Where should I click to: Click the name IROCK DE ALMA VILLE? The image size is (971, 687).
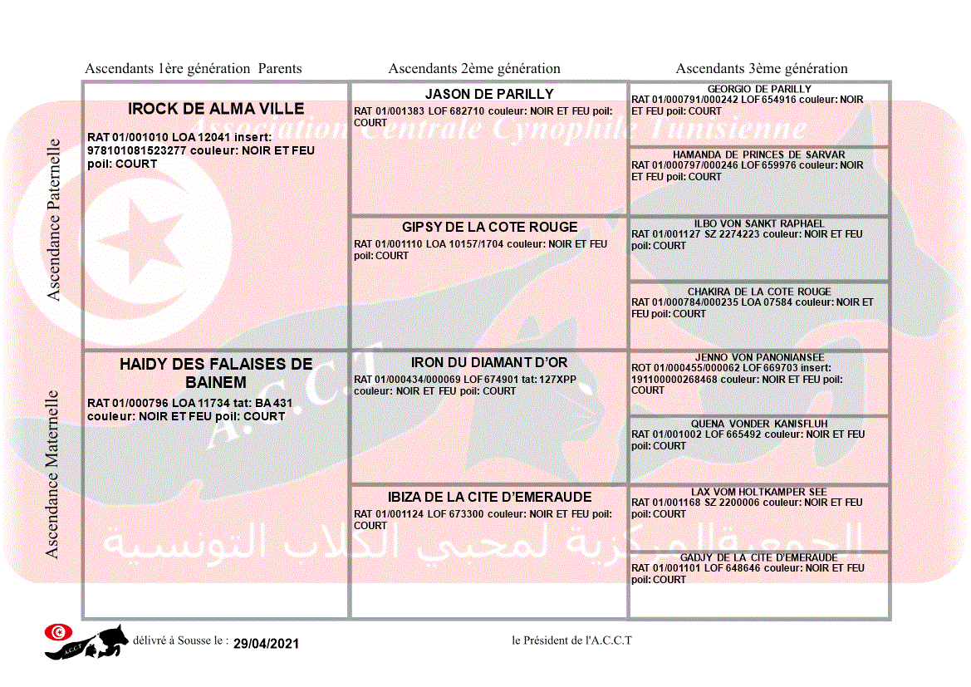[216, 109]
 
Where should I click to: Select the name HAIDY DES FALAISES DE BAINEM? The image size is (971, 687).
[216, 373]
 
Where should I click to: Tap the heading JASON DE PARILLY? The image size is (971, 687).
[489, 95]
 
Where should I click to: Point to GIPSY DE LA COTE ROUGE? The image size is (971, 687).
[489, 228]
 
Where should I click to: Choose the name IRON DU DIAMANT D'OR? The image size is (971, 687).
[489, 363]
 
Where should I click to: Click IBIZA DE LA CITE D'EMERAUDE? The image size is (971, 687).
[489, 498]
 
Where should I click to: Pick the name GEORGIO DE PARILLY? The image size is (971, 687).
[759, 89]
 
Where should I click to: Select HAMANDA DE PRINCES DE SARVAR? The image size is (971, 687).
[759, 155]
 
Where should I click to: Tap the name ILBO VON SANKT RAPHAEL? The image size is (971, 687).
[759, 223]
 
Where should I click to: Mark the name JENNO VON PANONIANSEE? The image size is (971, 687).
[759, 357]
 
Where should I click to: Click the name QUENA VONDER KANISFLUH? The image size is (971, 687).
[759, 424]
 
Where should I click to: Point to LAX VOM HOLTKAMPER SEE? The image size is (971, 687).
[759, 492]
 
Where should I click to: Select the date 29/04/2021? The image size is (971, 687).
[266, 644]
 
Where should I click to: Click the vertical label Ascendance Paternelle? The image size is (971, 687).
[54, 219]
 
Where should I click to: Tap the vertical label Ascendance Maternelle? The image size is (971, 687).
[52, 474]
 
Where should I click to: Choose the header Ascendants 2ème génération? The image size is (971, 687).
[474, 69]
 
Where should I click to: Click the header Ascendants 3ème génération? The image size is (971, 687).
[762, 69]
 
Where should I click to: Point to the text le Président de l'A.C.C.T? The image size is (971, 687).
[571, 640]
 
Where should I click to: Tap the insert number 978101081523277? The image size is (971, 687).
[137, 151]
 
